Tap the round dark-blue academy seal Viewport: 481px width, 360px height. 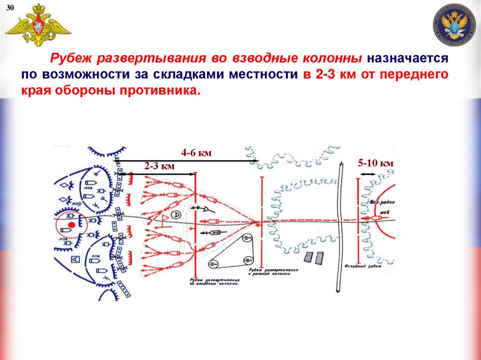(454, 25)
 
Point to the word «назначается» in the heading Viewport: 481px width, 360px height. (407, 60)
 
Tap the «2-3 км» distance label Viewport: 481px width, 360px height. (159, 166)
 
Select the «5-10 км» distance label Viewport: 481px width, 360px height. (375, 163)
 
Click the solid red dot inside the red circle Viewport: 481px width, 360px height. (71, 226)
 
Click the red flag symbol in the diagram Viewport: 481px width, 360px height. (165, 219)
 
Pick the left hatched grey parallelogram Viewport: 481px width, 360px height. (309, 257)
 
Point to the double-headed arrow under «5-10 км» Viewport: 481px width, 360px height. (368, 174)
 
